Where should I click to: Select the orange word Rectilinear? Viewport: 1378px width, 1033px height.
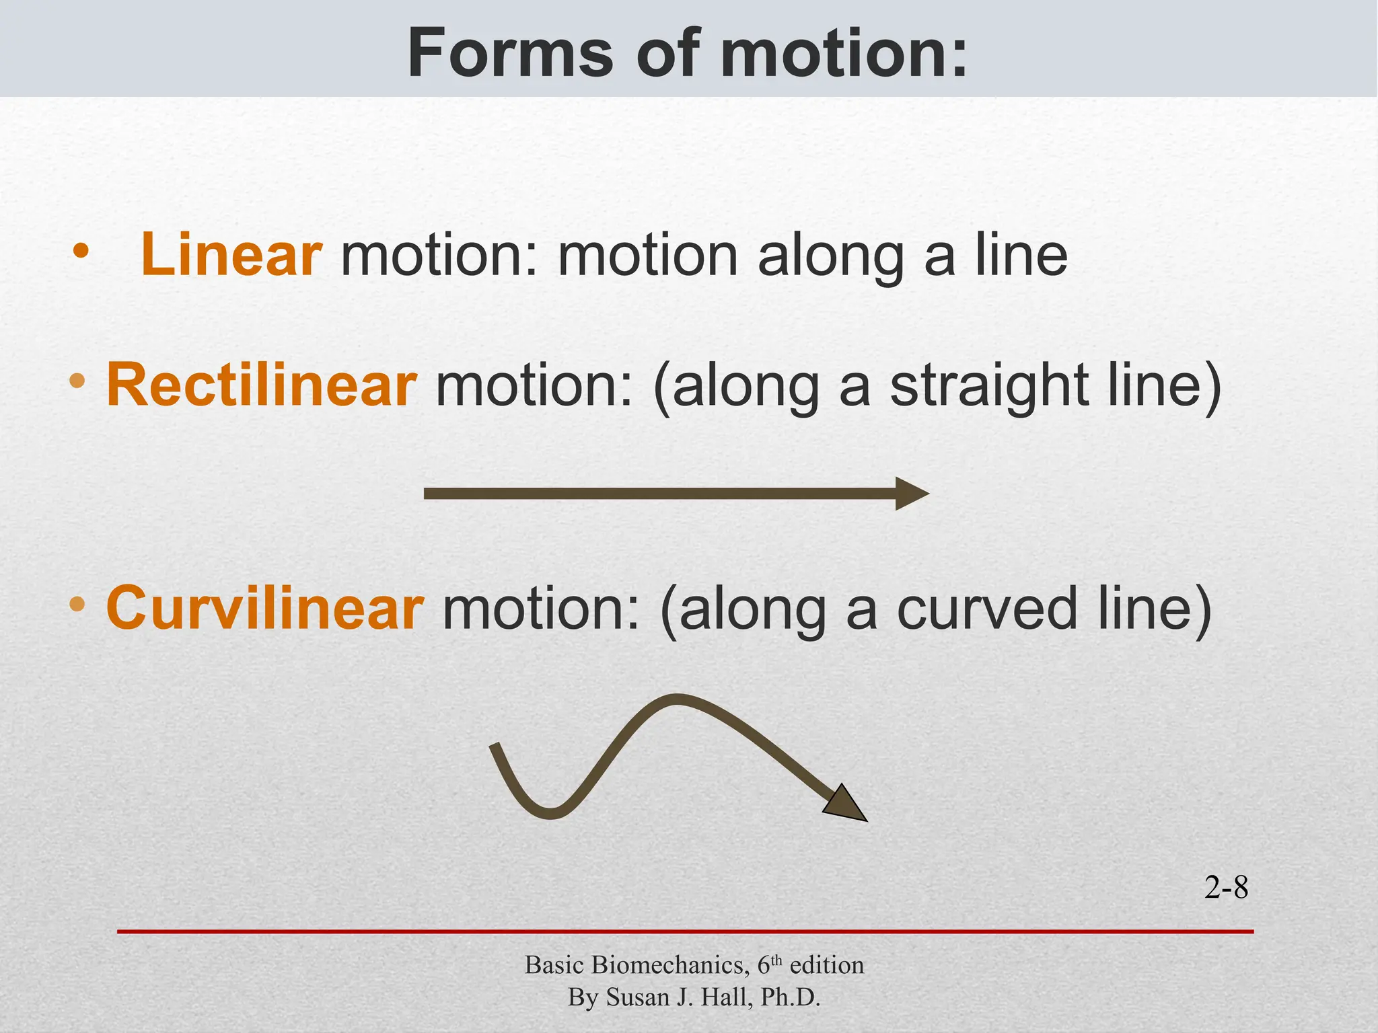pyautogui.click(x=262, y=385)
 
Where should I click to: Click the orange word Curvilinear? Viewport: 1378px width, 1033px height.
pyautogui.click(x=265, y=608)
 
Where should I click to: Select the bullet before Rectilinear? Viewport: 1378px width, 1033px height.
pyautogui.click(x=77, y=381)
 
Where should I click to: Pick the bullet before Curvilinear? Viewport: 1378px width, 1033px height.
pyautogui.click(x=77, y=603)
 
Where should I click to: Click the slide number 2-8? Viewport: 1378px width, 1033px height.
pyautogui.click(x=1226, y=888)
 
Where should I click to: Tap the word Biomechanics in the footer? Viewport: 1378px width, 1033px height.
pyautogui.click(x=667, y=965)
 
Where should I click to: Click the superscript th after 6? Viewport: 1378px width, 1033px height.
pyautogui.click(x=776, y=960)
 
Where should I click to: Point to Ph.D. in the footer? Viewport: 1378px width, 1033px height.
pyautogui.click(x=791, y=997)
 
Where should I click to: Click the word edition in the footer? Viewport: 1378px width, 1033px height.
pyautogui.click(x=827, y=965)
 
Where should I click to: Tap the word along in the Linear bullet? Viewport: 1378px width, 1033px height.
pyautogui.click(x=831, y=256)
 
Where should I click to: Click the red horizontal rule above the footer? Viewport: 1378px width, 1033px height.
pyautogui.click(x=685, y=931)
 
